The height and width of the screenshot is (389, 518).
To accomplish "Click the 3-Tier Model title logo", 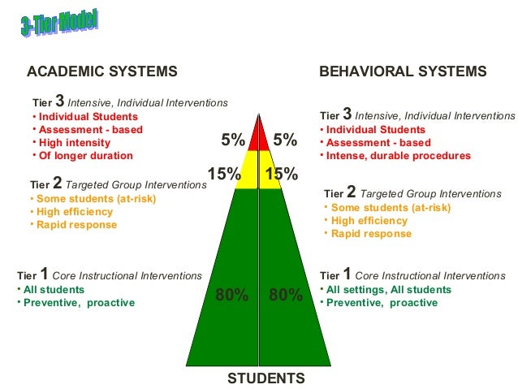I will [x=58, y=24].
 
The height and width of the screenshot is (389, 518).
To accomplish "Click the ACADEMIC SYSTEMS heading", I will [x=101, y=71].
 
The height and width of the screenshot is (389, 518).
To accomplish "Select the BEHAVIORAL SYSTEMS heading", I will [x=403, y=71].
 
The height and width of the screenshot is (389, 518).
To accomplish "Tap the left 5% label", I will [x=233, y=140].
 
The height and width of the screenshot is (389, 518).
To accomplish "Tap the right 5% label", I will [x=284, y=140].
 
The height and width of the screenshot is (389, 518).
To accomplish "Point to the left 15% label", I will [x=223, y=174].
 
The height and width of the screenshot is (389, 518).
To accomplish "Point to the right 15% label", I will [x=282, y=174].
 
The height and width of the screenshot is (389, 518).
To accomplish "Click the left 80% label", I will [x=231, y=295].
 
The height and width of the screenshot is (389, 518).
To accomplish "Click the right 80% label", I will [x=285, y=295].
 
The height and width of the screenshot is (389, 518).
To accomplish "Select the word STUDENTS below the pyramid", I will [x=266, y=378].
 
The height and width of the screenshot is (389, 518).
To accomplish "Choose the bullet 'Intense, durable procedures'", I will [x=399, y=155].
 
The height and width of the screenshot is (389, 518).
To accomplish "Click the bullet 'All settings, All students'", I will [x=389, y=290].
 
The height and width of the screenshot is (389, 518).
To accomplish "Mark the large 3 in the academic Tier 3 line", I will [x=59, y=102].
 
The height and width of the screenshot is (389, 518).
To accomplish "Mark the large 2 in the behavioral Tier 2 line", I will [x=351, y=192].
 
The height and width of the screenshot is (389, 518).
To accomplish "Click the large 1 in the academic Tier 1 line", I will [x=44, y=274].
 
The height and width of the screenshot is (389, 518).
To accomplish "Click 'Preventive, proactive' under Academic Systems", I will [x=79, y=302].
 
